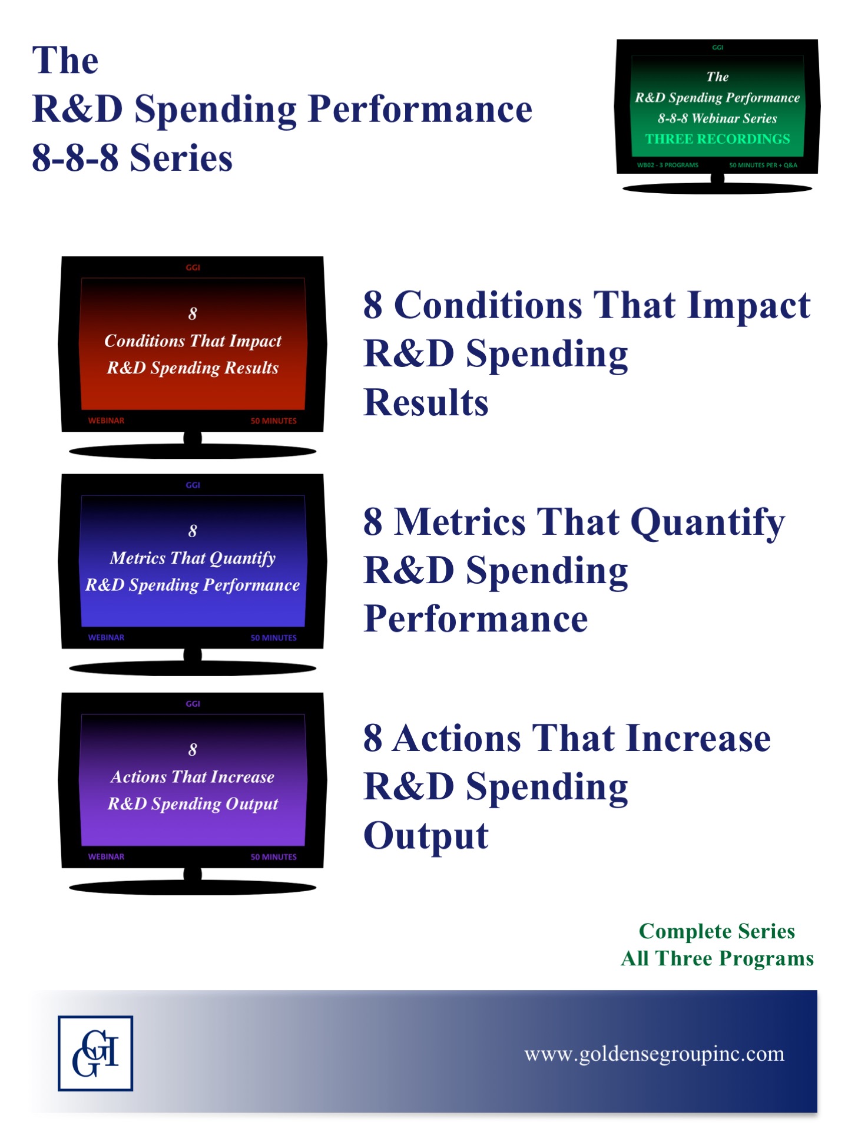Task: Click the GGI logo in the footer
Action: pos(95,1053)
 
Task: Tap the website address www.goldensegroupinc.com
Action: pos(654,1054)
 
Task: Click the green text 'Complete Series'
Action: pos(717,931)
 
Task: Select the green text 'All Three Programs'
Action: pos(717,959)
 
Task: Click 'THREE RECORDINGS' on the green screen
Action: pos(717,139)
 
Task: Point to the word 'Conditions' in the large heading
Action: pos(488,305)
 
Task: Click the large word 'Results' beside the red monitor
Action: pos(426,402)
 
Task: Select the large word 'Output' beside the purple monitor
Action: pos(426,836)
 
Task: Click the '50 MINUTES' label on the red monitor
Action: pos(274,421)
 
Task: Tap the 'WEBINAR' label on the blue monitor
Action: pos(106,637)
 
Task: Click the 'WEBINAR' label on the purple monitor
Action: pos(106,856)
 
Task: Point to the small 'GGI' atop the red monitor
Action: pos(193,267)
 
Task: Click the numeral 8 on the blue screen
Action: pos(193,531)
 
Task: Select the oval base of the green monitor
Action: pos(717,188)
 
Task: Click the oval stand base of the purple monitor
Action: pos(193,887)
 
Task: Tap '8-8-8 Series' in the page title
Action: pos(132,158)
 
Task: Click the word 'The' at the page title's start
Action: pos(65,60)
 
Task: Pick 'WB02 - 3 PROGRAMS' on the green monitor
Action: pos(667,165)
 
